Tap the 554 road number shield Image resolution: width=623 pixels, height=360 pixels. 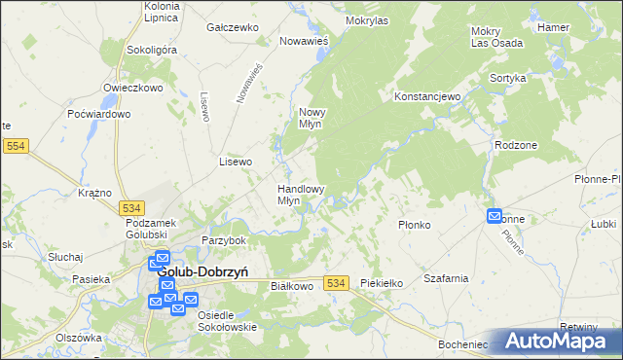16,146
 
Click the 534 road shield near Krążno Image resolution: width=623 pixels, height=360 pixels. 132,208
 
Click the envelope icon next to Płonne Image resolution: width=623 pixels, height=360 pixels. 495,218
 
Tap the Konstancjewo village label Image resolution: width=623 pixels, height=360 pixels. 426,97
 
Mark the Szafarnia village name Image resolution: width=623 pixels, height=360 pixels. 446,278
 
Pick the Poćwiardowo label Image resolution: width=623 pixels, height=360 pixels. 98,114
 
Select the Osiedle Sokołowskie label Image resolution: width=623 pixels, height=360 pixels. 227,321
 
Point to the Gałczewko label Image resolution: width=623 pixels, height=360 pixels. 231,28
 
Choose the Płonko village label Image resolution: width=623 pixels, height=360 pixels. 415,225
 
